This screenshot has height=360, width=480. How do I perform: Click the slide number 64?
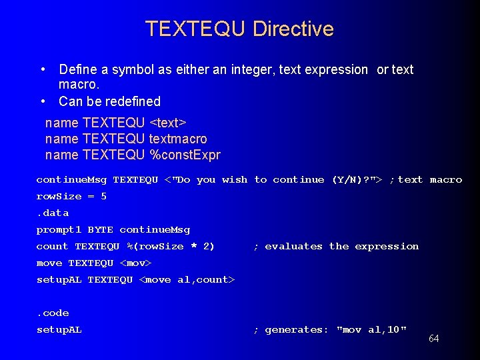point(433,339)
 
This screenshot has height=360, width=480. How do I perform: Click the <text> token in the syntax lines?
point(168,123)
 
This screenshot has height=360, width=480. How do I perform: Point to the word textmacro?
point(178,139)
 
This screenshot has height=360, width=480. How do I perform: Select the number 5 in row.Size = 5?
point(103,196)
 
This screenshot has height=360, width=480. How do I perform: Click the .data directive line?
point(53,213)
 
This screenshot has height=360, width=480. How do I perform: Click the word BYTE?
point(100,229)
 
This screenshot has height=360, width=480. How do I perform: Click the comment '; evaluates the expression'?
point(337,246)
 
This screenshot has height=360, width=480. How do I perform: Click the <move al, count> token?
point(187,279)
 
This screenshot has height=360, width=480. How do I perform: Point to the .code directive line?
point(53,313)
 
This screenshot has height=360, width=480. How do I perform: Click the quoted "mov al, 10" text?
point(371,329)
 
